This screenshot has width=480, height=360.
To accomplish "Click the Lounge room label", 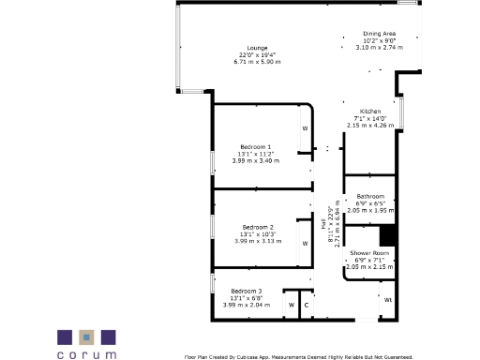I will (x=257, y=48).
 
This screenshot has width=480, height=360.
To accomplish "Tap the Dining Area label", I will (x=379, y=34).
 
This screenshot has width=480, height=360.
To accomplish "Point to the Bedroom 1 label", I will (x=256, y=147).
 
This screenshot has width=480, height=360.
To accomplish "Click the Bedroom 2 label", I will (x=257, y=228).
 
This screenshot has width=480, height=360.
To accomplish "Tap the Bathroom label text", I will (x=369, y=197).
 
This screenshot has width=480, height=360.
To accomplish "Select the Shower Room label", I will (x=367, y=253).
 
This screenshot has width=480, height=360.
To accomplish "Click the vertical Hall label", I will (x=323, y=226).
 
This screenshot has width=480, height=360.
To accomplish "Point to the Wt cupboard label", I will (x=387, y=300).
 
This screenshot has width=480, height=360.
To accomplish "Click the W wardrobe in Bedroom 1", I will (x=304, y=128).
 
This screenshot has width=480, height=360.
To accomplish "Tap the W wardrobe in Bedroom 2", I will (x=304, y=243).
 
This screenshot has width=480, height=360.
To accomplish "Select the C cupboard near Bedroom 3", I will (x=306, y=306).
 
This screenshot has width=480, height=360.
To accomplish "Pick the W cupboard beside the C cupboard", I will (x=291, y=306).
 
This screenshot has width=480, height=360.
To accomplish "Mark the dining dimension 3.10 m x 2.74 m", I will (x=379, y=47).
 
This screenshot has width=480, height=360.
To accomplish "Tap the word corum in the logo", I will (x=87, y=354).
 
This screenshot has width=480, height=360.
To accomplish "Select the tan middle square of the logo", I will (x=87, y=337).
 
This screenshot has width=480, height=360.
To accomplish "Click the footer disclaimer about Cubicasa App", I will (x=298, y=356).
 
